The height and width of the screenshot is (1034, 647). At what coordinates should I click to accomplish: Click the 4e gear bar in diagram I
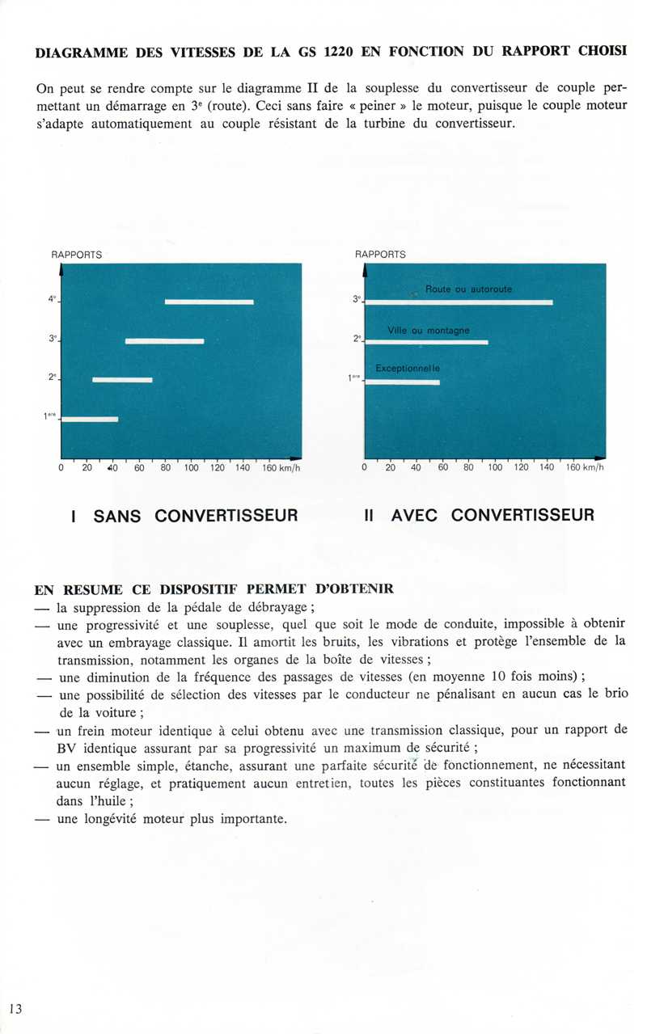coord(209,302)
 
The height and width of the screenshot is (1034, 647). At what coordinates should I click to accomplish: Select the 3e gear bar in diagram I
coord(164,341)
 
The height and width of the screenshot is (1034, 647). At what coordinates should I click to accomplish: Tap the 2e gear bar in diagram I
coord(122,379)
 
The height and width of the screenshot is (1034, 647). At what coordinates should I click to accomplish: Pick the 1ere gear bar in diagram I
coord(90,419)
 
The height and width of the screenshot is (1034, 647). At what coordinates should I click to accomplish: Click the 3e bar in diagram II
coord(459,302)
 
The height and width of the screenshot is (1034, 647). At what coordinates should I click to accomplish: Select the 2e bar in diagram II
coord(427,342)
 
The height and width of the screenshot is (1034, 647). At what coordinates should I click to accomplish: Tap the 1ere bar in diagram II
coord(403,382)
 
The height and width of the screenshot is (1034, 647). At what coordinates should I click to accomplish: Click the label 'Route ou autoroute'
coord(468,289)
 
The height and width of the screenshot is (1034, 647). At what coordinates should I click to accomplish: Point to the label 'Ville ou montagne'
coord(429,330)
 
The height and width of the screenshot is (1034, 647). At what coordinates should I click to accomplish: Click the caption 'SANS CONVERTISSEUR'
coord(185,515)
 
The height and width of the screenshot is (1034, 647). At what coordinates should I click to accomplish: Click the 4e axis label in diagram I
coord(53,300)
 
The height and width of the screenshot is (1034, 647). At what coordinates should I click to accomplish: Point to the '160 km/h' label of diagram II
coord(584,468)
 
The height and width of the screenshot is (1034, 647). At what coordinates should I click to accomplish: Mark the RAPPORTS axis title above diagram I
coord(77,254)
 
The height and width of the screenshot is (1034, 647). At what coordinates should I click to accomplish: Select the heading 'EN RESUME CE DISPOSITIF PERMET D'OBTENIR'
coord(214,589)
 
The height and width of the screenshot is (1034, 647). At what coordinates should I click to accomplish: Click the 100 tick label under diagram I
coord(191,468)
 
